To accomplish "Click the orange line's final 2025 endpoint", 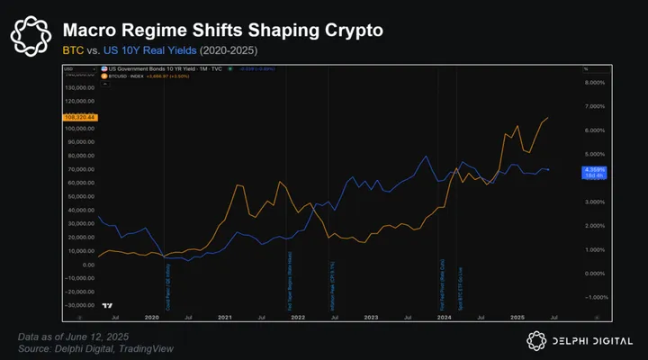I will click(548, 118).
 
